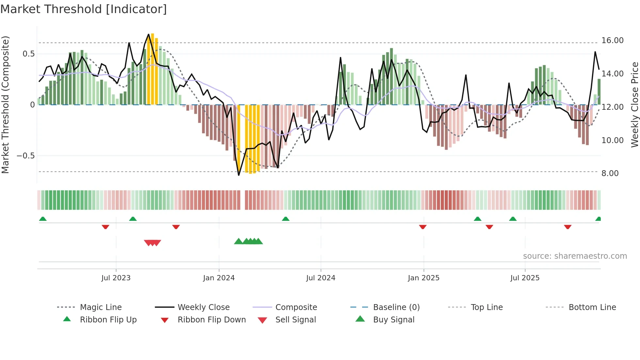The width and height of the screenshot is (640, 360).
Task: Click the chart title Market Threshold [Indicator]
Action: pyautogui.click(x=84, y=9)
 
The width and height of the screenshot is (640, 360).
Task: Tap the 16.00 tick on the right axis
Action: pyautogui.click(x=612, y=41)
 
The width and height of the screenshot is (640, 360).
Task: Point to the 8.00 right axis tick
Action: pyautogui.click(x=610, y=173)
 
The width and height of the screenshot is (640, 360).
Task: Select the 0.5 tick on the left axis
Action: pyautogui.click(x=28, y=54)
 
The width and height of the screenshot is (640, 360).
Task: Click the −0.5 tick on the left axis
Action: pyautogui.click(x=25, y=156)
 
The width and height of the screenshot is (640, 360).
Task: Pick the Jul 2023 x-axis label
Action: pyautogui.click(x=116, y=278)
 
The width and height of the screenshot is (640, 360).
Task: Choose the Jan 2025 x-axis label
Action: pyautogui.click(x=424, y=278)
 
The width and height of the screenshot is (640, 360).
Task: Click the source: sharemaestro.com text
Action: pyautogui.click(x=575, y=256)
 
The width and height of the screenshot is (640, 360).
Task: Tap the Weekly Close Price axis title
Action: pyautogui.click(x=634, y=105)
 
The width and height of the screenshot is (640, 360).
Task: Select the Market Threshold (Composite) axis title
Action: pyautogui.click(x=5, y=105)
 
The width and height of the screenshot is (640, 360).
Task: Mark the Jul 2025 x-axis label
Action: pyautogui.click(x=525, y=278)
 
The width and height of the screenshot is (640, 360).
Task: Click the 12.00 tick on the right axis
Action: pyautogui.click(x=612, y=107)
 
